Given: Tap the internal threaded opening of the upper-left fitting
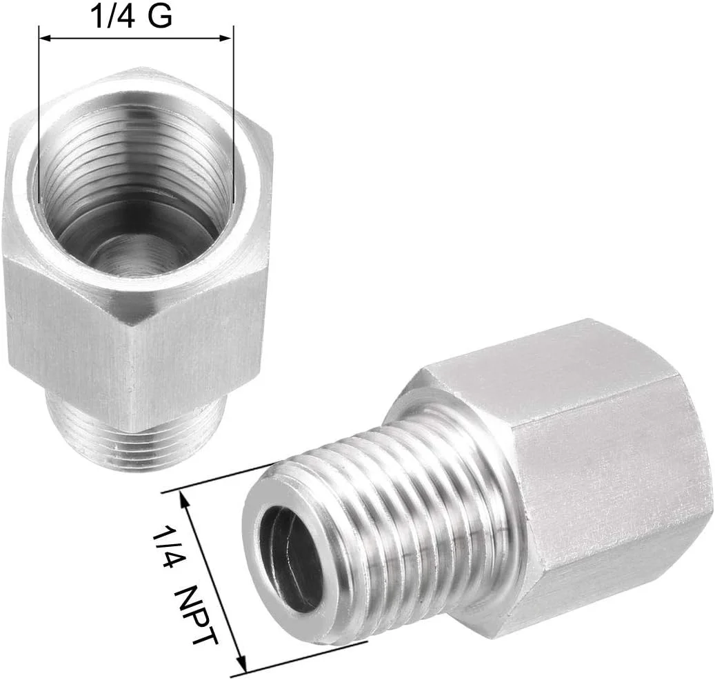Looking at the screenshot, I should [x=134, y=200].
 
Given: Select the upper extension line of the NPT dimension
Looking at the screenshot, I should [x=221, y=477].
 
